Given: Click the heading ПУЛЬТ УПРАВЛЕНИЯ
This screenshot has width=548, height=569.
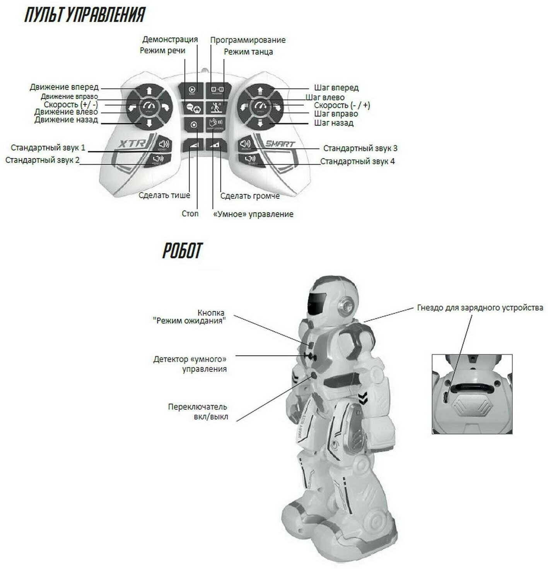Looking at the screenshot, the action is click(85, 15).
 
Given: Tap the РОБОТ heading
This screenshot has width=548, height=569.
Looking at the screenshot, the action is click(182, 251).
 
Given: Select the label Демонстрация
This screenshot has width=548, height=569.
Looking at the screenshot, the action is click(170, 39).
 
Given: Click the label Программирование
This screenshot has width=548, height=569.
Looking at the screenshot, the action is click(248, 40).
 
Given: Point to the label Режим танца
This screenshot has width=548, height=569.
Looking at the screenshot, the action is click(248, 52).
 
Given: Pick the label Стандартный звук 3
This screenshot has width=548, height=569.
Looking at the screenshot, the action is click(360, 148).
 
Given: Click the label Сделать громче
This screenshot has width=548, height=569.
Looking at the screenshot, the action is click(250, 196).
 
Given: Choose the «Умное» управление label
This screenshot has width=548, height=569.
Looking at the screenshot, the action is click(253, 214).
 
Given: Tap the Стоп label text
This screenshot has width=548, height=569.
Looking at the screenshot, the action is click(190, 214).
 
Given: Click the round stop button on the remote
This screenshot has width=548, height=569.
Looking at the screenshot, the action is click(194, 125).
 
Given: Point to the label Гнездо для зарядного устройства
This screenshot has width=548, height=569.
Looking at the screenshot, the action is click(480, 308).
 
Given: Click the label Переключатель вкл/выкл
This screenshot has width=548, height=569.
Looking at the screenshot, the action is click(198, 412).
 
